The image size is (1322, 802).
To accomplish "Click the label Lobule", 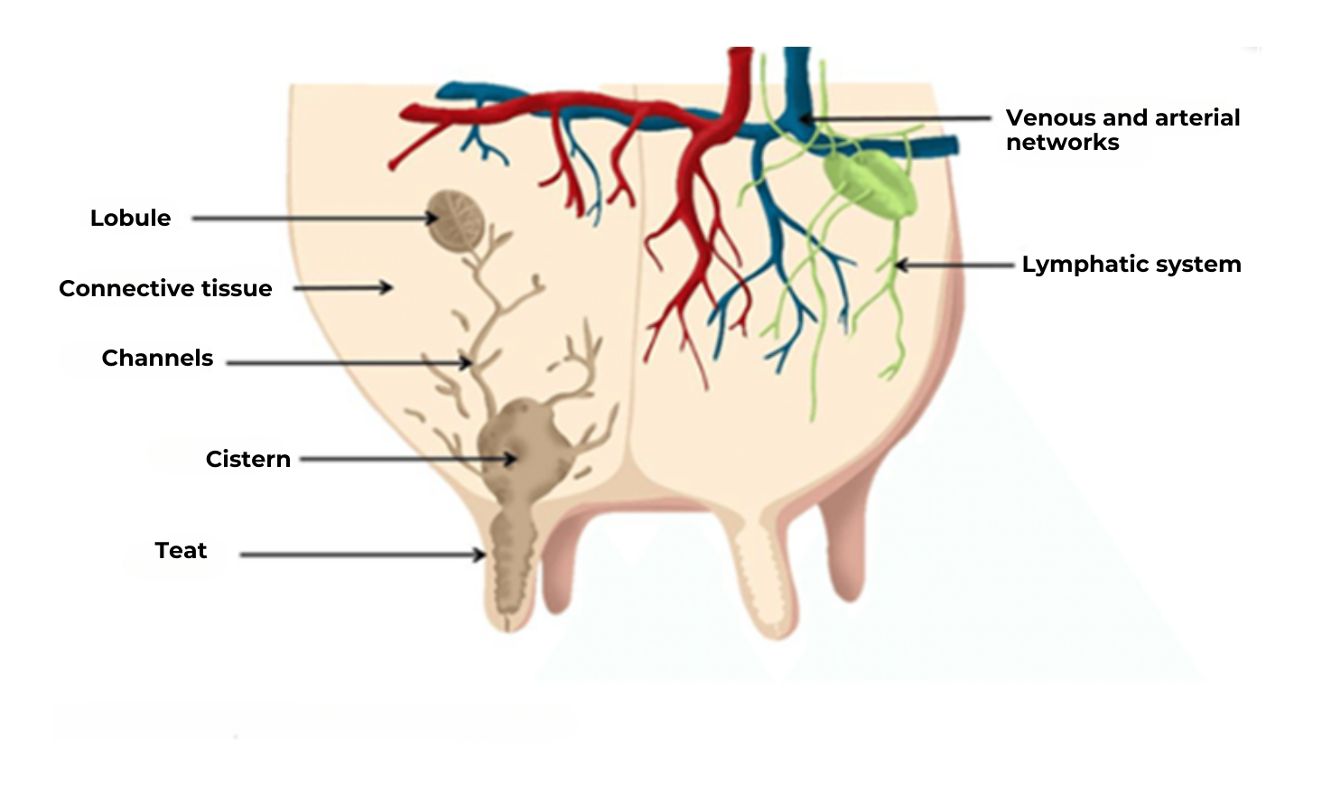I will click(x=130, y=219).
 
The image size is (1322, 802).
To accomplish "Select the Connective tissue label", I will click(x=165, y=289).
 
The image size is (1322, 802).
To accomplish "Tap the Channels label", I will click(x=157, y=359).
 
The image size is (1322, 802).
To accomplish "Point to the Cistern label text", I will click(x=247, y=460).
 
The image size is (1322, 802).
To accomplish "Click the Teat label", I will click(x=181, y=551).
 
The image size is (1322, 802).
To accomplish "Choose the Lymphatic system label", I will click(x=1131, y=265).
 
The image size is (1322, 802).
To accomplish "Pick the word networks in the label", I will click(x=1062, y=143).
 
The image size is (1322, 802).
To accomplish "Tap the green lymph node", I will click(x=869, y=183).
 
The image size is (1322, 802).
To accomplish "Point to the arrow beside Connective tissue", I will click(x=343, y=288).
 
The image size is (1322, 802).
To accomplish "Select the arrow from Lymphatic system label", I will click(x=955, y=266).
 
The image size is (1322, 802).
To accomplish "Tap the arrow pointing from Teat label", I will click(x=361, y=554).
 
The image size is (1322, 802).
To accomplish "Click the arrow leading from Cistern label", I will click(x=406, y=459).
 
